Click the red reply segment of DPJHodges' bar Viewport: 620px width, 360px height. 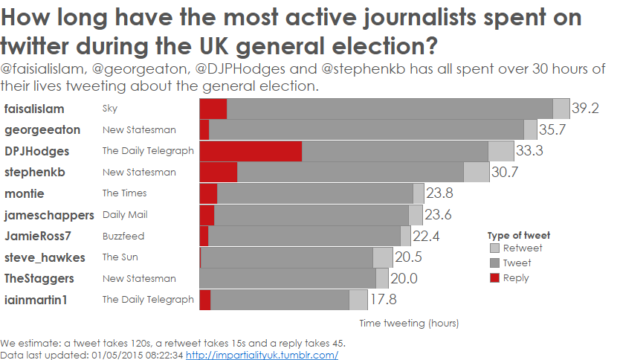coord(251,151)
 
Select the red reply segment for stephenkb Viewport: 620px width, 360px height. coord(219,172)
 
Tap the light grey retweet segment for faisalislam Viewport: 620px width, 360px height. coord(561,109)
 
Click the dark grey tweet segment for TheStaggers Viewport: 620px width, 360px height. coord(288,278)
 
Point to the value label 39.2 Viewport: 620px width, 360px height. coord(586,109)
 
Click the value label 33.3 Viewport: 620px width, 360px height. coord(529,151)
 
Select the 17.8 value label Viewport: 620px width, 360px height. coord(384,300)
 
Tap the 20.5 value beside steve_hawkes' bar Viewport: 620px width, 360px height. coord(408,257)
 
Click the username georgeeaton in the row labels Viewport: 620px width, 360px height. coord(42,130)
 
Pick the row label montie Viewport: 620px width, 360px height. coord(25,193)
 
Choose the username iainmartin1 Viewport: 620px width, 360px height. coord(36,300)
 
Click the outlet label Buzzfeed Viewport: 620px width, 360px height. coord(123,236)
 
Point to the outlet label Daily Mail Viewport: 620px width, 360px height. coord(125,215)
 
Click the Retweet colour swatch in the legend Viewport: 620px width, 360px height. coord(495,248)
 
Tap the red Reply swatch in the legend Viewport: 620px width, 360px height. coord(495,278)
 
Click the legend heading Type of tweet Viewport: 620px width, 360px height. coord(519,235)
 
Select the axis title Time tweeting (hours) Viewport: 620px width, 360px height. coord(409,324)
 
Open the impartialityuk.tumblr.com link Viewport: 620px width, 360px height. coord(262,356)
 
